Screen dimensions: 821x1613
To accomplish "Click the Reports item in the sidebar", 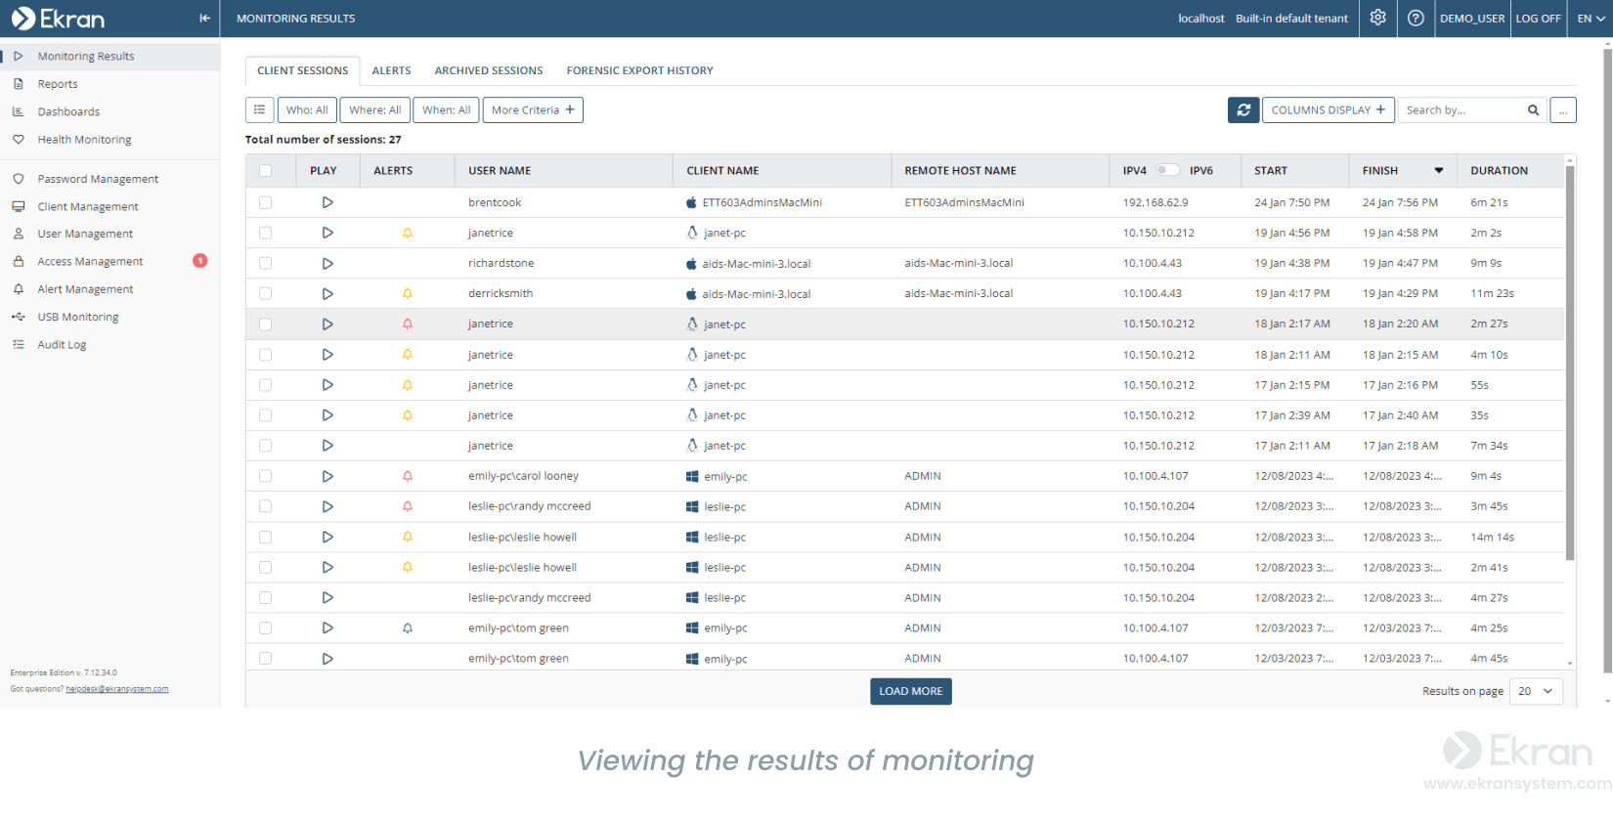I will click(x=58, y=84).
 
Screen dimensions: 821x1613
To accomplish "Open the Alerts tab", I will click(x=391, y=70).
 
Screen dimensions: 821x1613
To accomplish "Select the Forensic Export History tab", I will click(x=639, y=70).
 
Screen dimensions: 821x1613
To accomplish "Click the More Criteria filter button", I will click(x=533, y=110).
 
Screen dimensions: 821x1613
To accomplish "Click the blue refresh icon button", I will click(x=1243, y=110).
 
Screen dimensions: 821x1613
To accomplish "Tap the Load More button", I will click(x=910, y=691).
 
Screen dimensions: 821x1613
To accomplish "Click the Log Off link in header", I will click(x=1538, y=19).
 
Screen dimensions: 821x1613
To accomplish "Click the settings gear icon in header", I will click(x=1377, y=19).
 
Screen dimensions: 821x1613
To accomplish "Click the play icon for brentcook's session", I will click(x=327, y=202).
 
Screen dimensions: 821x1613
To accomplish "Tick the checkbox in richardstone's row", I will click(x=265, y=263).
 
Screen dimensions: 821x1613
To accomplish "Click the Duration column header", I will click(x=1499, y=170).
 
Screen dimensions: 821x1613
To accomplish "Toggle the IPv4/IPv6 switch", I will click(x=1167, y=170).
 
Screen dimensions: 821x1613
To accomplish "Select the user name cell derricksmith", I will click(x=501, y=293).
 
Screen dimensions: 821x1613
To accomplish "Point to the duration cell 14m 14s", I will click(x=1492, y=537).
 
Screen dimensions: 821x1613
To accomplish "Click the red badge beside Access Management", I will click(x=200, y=261).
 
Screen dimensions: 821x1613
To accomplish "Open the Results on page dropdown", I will click(x=1536, y=691).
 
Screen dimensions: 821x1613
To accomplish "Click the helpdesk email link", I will click(x=116, y=689).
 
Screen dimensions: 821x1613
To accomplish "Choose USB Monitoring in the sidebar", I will click(x=78, y=317).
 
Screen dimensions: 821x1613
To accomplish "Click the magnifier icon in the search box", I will click(x=1533, y=110).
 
